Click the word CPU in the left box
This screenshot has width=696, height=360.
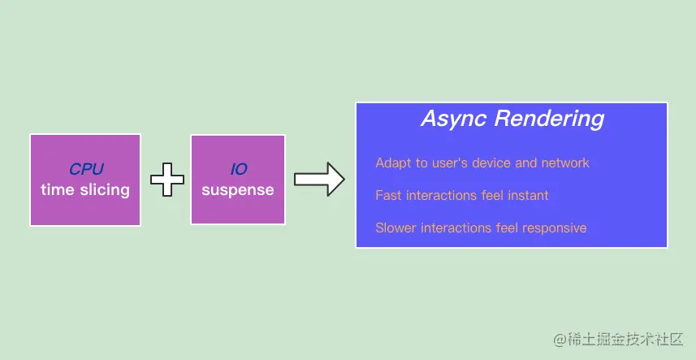pyautogui.click(x=85, y=169)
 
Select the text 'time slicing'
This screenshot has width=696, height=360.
pyautogui.click(x=85, y=190)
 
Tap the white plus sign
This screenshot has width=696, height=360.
pyautogui.click(x=167, y=180)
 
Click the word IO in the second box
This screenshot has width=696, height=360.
pyautogui.click(x=237, y=169)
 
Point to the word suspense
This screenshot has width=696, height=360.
pyautogui.click(x=237, y=190)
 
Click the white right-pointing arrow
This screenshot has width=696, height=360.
pyautogui.click(x=319, y=180)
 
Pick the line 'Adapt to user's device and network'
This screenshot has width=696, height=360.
pyautogui.click(x=482, y=163)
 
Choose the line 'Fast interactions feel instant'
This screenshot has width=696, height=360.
pyautogui.click(x=461, y=195)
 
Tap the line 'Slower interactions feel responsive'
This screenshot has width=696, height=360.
pyautogui.click(x=481, y=228)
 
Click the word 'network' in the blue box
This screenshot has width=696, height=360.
pyautogui.click(x=565, y=163)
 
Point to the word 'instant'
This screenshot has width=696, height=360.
pyautogui.click(x=527, y=195)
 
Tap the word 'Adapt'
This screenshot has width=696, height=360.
pyautogui.click(x=392, y=163)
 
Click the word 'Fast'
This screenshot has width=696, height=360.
pyautogui.click(x=388, y=195)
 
